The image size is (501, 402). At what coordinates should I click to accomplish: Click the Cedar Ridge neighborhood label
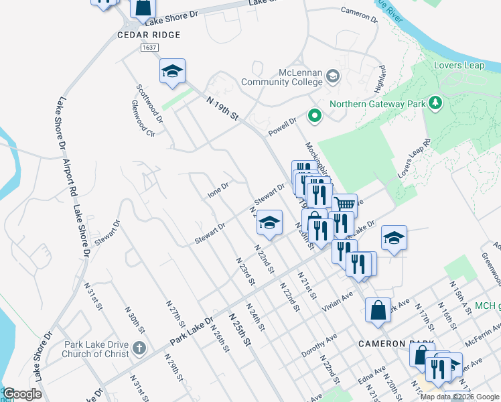[149, 34]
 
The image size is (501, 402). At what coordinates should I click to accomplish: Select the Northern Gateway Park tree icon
[435, 103]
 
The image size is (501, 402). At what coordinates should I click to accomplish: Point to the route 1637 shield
[149, 48]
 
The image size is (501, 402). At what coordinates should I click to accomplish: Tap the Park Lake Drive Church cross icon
[139, 348]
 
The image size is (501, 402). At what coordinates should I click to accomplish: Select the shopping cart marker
[345, 204]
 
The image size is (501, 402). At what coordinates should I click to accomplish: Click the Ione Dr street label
[218, 190]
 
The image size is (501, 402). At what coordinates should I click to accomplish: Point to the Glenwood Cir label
[143, 119]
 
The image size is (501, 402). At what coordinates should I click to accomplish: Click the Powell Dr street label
[283, 125]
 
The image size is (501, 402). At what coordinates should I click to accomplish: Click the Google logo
[22, 394]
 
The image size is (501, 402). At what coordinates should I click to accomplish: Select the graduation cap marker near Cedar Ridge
[172, 71]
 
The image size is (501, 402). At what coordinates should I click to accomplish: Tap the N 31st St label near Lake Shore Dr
[93, 295]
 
